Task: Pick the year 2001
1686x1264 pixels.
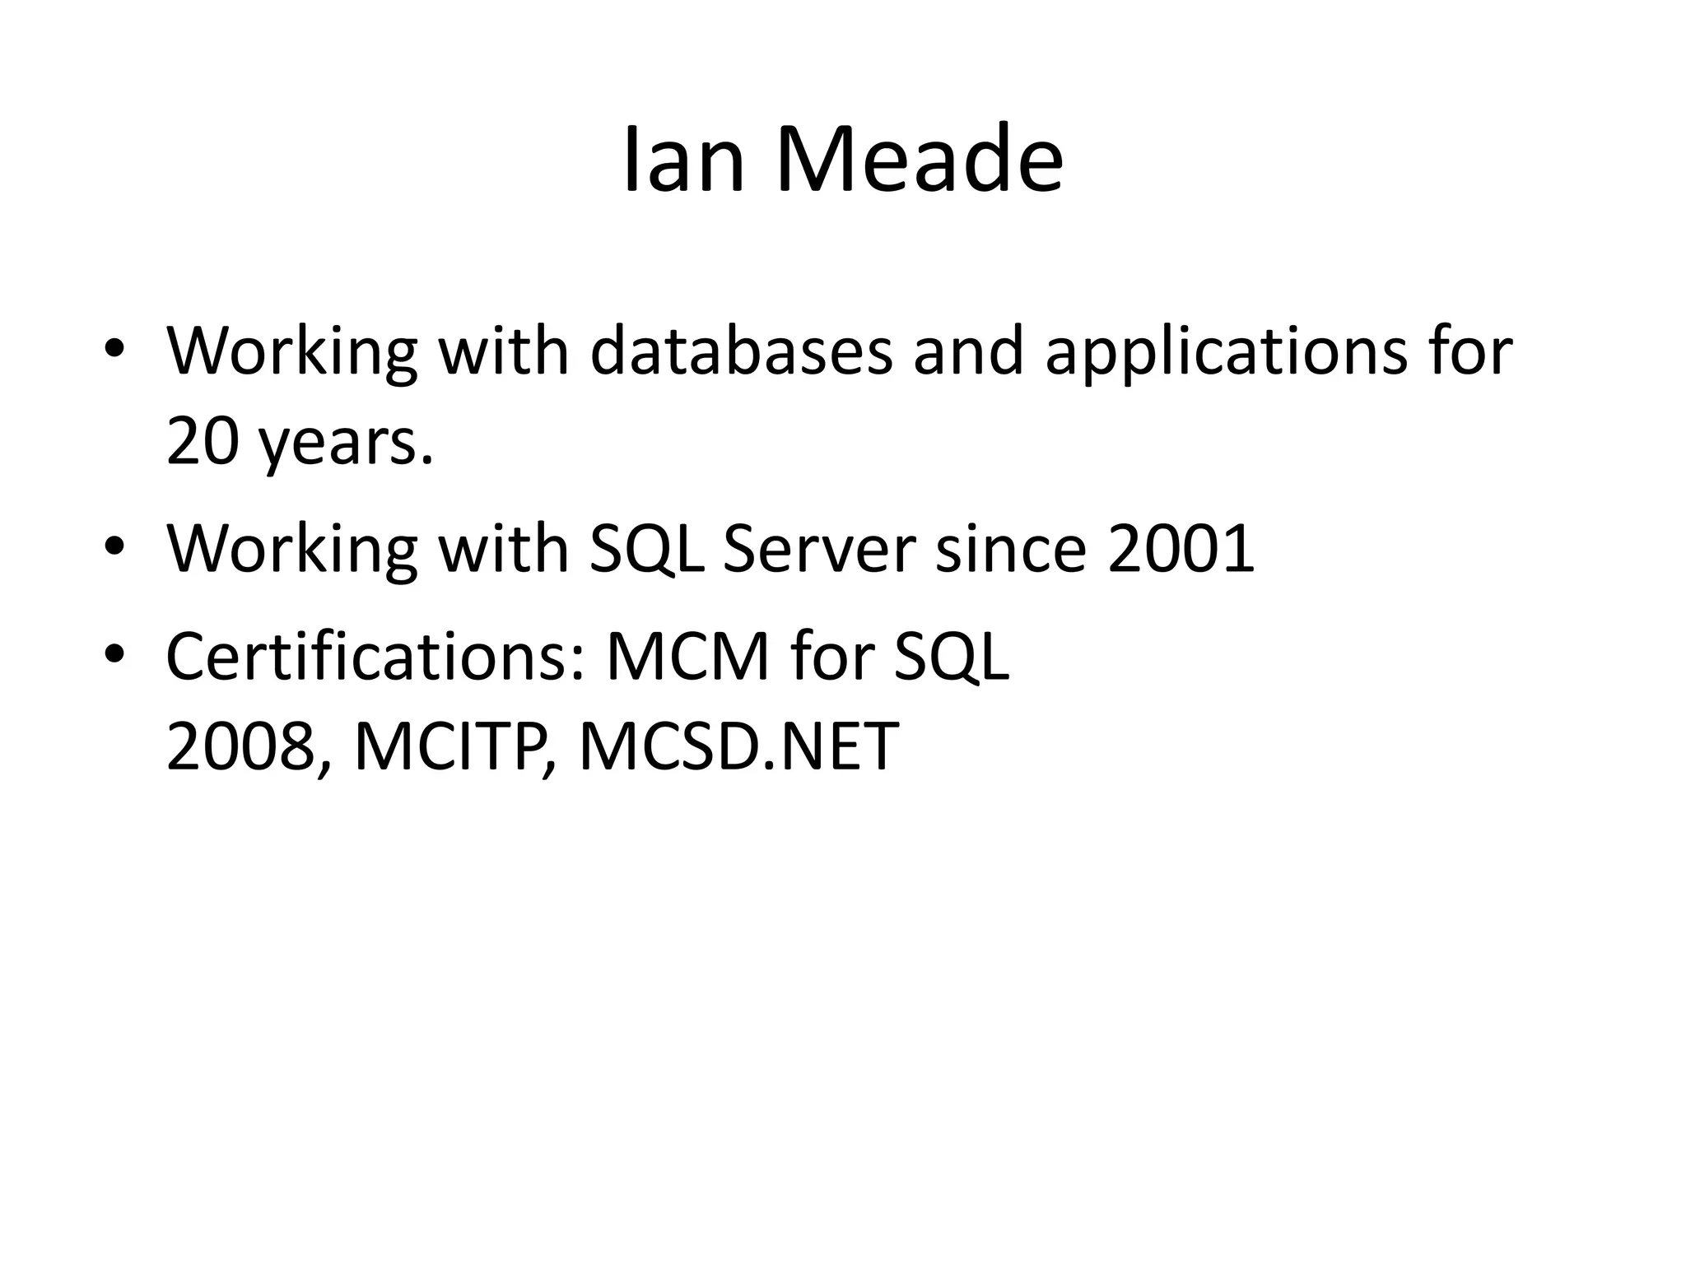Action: (x=1181, y=549)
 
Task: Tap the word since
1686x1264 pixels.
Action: (x=1012, y=549)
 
